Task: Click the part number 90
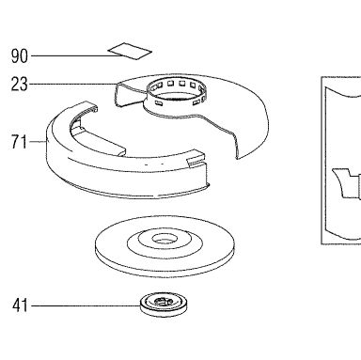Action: [20, 56]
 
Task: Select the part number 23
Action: [20, 85]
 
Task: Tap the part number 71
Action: [20, 142]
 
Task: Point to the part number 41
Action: [20, 305]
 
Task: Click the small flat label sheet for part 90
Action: [130, 51]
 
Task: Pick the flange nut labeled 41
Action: [164, 304]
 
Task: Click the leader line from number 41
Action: [86, 305]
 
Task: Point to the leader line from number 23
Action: [73, 84]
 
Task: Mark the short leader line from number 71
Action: [38, 142]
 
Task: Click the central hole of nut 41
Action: [164, 302]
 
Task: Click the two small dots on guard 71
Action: [154, 164]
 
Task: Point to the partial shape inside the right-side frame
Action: [346, 185]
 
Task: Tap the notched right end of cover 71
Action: [197, 163]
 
